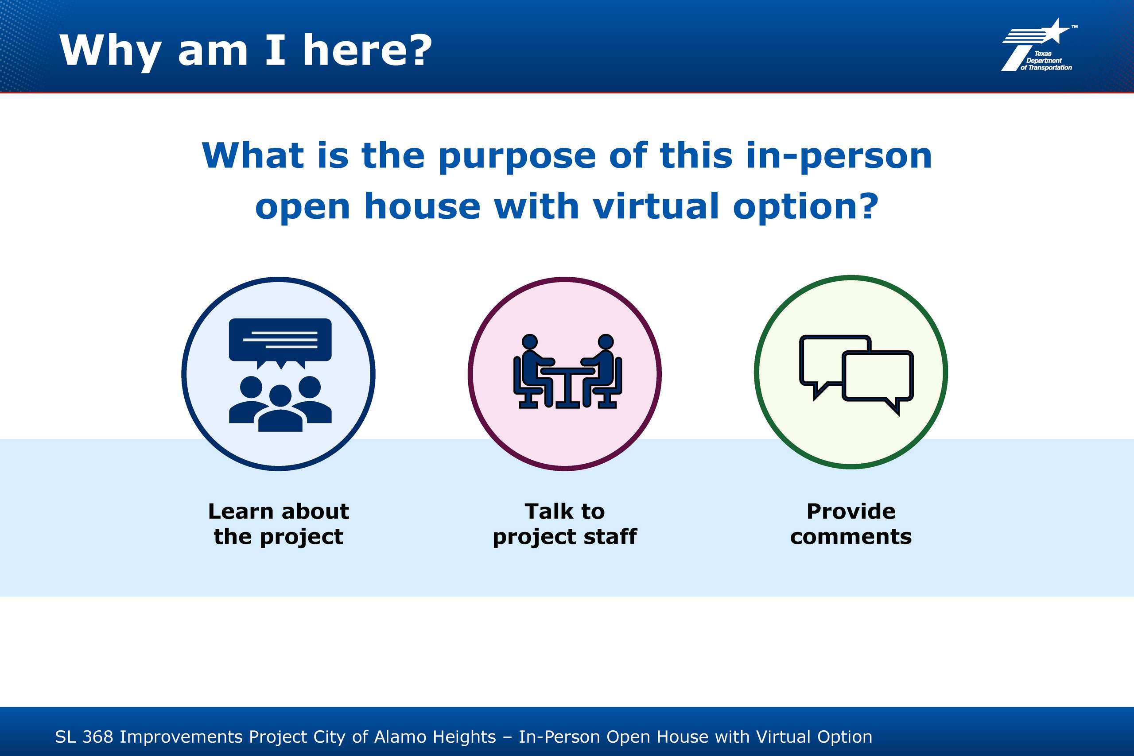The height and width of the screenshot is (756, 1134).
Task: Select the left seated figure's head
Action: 530,341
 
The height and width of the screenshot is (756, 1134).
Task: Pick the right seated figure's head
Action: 606,341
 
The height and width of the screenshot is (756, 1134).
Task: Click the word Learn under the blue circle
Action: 241,511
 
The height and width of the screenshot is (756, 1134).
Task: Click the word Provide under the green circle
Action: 851,511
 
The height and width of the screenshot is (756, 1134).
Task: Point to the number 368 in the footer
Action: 98,737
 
